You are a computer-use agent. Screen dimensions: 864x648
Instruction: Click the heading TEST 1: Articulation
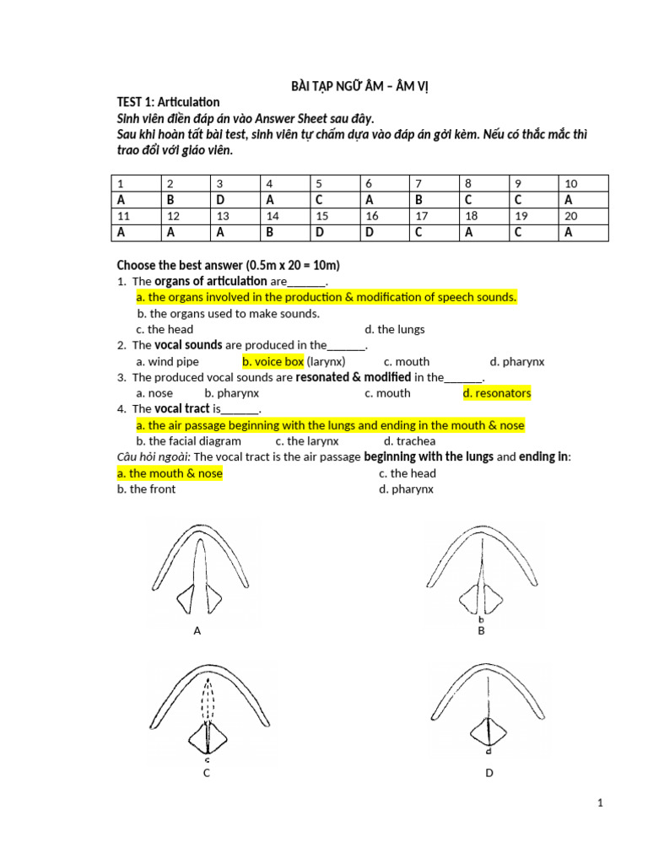168,102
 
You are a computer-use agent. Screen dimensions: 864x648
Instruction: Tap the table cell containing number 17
433,216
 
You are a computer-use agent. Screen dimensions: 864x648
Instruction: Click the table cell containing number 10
583,183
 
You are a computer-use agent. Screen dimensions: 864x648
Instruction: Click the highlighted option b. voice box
273,361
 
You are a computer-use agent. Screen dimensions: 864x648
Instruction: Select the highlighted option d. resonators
496,393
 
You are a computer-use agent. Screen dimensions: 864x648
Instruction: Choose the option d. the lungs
394,329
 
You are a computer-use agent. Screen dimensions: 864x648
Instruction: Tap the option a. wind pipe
167,361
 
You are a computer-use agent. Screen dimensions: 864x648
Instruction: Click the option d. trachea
409,440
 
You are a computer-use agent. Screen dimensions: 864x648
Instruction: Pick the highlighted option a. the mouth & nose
170,473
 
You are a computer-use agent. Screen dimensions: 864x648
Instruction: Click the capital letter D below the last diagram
489,772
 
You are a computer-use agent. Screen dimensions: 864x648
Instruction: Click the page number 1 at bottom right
600,804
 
